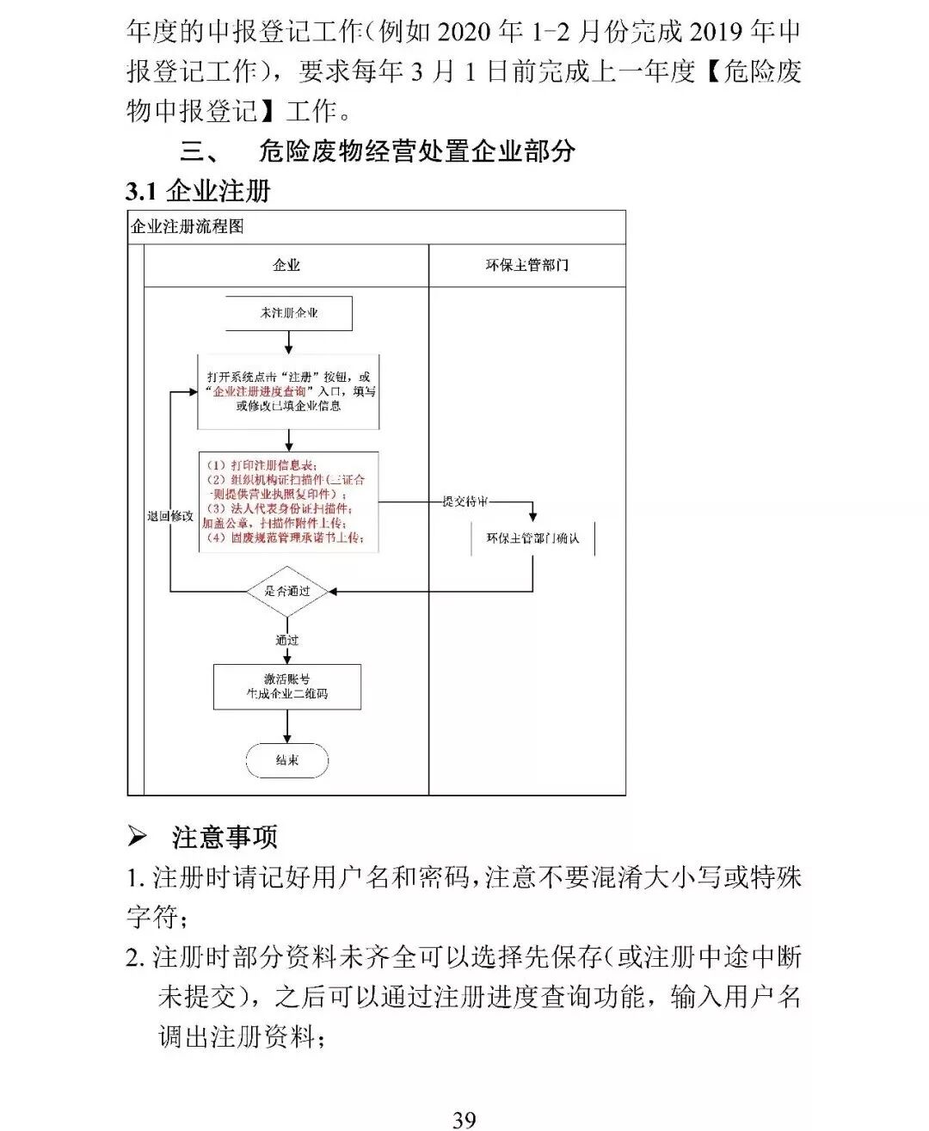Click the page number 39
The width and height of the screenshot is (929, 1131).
point(464,1119)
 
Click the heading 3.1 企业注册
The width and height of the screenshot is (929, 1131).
point(199,190)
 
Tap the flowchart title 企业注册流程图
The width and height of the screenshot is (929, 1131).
point(188,227)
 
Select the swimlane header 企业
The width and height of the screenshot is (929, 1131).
point(286,266)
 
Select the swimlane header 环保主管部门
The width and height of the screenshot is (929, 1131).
point(526,266)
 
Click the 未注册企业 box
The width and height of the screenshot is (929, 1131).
point(289,314)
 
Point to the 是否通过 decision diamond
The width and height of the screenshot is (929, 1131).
point(287,592)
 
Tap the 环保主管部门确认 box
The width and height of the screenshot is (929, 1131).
point(532,538)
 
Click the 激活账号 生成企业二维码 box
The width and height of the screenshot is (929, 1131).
point(287,686)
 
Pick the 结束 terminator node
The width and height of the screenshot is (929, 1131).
point(287,761)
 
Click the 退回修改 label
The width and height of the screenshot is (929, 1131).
point(170,516)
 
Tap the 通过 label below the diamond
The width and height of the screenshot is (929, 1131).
point(286,641)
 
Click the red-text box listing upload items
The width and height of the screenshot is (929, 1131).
point(288,501)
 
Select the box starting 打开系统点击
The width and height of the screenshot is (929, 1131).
point(288,391)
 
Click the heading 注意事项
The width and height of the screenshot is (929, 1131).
point(225,837)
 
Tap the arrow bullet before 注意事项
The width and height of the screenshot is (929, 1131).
point(138,836)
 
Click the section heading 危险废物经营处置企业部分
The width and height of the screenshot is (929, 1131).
point(417,151)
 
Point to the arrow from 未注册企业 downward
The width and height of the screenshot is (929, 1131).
point(288,342)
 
